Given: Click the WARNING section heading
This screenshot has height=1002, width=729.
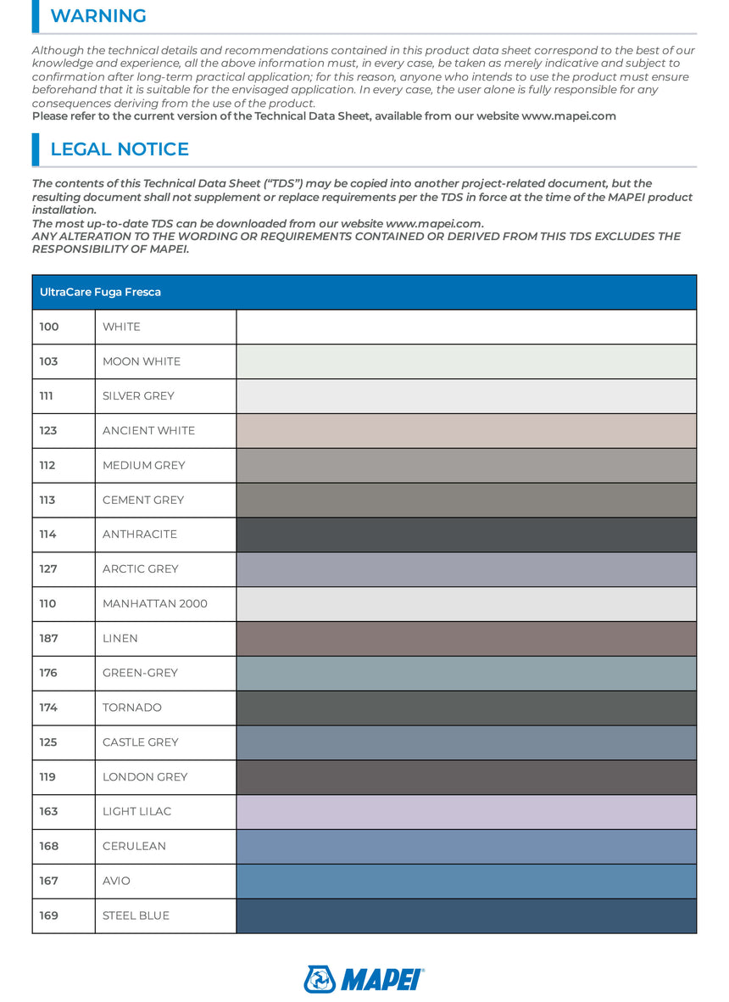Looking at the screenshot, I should (98, 16).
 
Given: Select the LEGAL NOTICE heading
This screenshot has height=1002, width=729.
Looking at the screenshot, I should (120, 149).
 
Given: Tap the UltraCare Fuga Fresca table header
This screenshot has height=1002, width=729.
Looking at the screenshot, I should (101, 292).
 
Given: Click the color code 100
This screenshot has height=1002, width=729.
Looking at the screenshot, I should (48, 327).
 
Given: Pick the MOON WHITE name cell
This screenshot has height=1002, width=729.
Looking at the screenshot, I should (142, 361).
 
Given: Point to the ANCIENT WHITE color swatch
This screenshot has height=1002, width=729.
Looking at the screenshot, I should (466, 430).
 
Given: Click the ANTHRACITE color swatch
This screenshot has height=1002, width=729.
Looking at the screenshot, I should (466, 535).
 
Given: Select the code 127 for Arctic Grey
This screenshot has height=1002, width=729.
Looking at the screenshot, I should (48, 569).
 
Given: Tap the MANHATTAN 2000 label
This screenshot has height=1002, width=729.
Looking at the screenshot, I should (155, 604).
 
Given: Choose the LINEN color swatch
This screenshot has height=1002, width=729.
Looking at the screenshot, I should (466, 639).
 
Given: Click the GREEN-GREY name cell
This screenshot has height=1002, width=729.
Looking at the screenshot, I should (141, 673).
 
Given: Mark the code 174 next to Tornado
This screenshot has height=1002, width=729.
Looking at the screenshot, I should (48, 708).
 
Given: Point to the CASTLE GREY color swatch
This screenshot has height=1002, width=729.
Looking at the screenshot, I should (466, 742).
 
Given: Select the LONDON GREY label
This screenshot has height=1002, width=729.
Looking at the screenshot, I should (145, 777).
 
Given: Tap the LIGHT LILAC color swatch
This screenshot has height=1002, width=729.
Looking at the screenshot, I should (466, 812).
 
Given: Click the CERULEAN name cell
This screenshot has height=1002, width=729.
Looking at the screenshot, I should (134, 846).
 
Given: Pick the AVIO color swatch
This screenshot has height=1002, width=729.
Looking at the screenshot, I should (466, 881).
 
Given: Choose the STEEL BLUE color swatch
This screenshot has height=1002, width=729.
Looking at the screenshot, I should (466, 915).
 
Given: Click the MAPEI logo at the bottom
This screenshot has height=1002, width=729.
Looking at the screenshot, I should (364, 978).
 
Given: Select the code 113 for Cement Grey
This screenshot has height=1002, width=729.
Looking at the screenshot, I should (48, 500).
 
